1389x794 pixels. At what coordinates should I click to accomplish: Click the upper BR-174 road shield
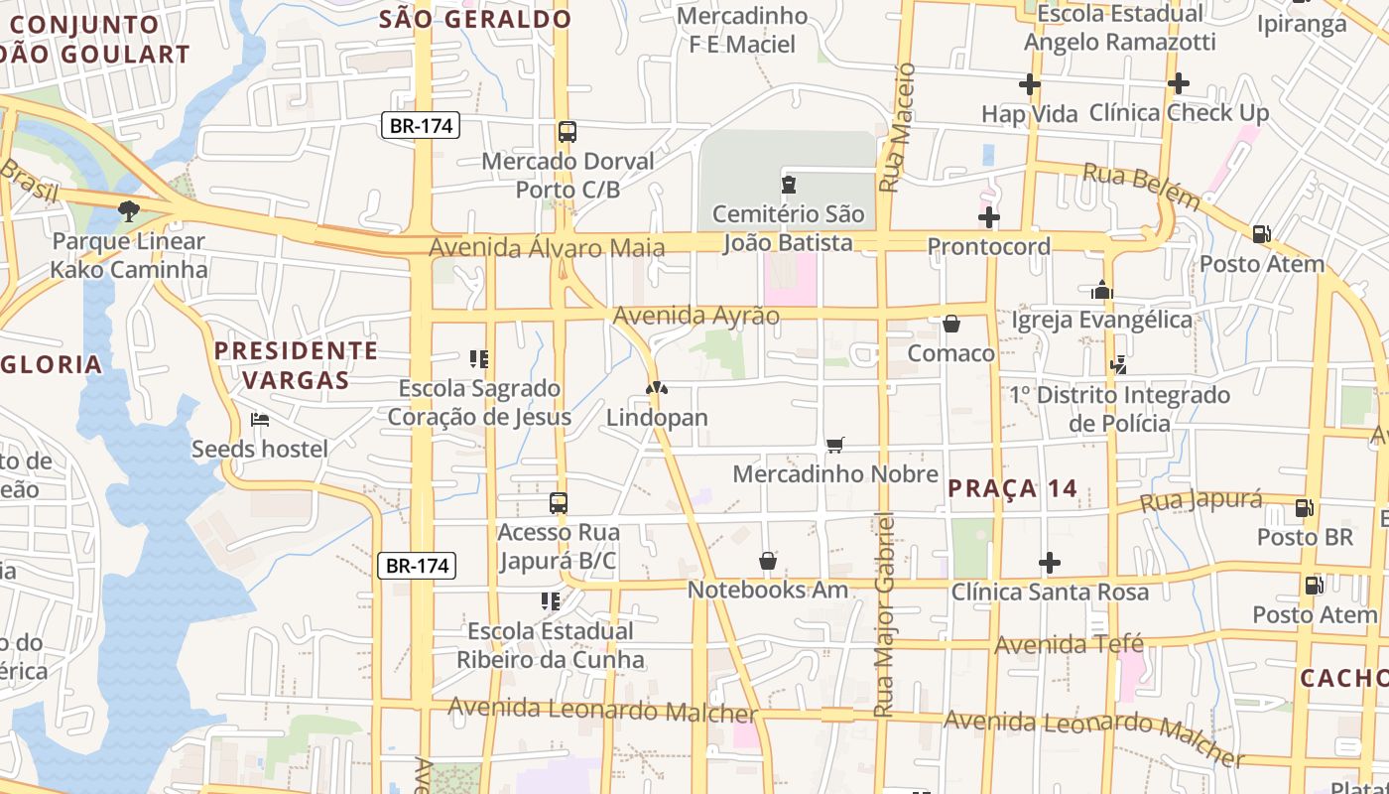(421, 126)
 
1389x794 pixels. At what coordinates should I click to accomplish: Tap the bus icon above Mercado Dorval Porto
(568, 132)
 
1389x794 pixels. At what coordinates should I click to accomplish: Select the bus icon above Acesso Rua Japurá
(559, 503)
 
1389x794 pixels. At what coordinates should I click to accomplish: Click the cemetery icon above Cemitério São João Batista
(789, 185)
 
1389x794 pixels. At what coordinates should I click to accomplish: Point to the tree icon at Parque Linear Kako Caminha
(128, 210)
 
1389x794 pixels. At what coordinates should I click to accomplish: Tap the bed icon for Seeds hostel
(260, 420)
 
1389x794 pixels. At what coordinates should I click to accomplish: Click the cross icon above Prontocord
(988, 217)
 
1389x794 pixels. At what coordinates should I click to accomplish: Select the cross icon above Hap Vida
(1030, 84)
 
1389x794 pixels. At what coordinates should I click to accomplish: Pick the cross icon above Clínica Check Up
(1178, 83)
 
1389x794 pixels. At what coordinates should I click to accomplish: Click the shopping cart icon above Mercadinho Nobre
(835, 446)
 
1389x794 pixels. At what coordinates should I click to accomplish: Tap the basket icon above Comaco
(950, 324)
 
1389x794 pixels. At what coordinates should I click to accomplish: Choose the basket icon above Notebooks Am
(768, 561)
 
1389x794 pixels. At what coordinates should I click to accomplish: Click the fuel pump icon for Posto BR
(1305, 508)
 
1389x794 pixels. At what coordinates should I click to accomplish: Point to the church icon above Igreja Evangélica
(1102, 290)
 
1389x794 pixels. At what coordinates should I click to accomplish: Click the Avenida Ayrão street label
(696, 316)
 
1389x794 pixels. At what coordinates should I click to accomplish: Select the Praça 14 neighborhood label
(1012, 488)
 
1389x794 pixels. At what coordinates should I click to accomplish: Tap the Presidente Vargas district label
(296, 364)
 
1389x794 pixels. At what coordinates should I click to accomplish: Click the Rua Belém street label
(1141, 186)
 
